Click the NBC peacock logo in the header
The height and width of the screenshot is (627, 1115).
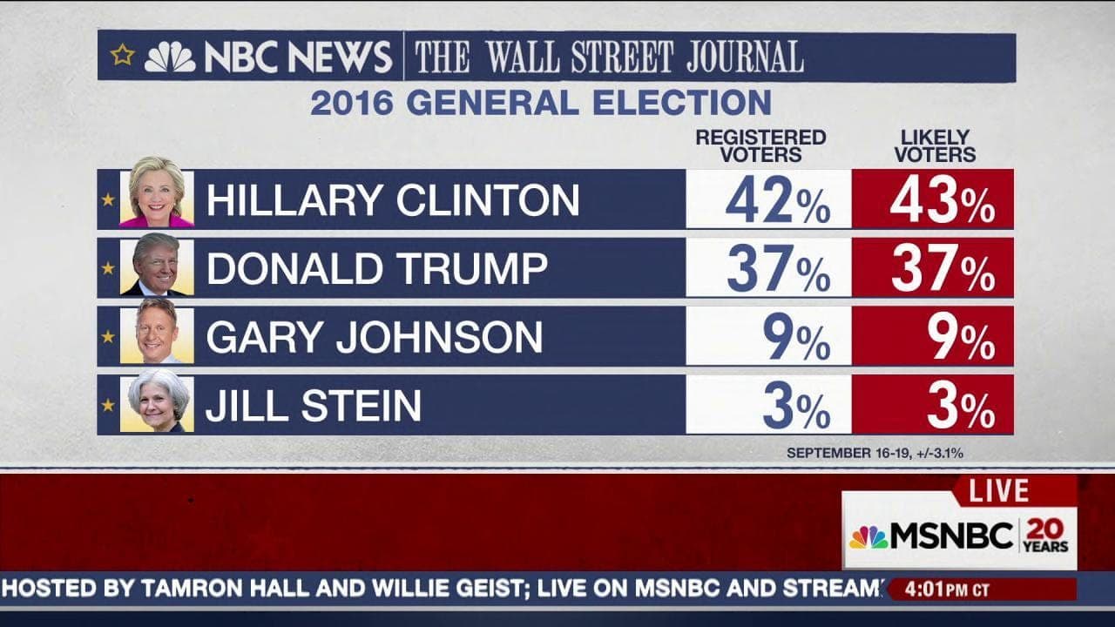click(x=170, y=57)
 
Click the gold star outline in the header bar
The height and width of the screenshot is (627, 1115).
click(x=123, y=56)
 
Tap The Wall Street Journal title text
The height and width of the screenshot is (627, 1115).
click(x=608, y=57)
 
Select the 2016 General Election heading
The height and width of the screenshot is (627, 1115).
click(x=541, y=103)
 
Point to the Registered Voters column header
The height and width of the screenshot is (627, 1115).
click(x=760, y=146)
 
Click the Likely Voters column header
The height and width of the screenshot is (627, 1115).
click(x=934, y=146)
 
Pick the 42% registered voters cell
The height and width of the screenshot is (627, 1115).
click(x=769, y=199)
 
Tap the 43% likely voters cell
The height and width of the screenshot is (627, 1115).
click(x=934, y=199)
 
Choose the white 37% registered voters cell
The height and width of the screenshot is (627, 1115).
click(x=769, y=268)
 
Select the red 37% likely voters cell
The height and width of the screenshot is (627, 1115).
click(x=934, y=268)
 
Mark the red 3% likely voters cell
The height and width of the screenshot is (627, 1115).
click(x=934, y=405)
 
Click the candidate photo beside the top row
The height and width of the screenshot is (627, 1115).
click(x=157, y=192)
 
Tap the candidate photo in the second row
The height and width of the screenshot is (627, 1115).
click(x=157, y=264)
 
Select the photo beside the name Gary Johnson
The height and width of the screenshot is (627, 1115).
click(x=157, y=335)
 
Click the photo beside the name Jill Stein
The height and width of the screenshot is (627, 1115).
click(x=157, y=401)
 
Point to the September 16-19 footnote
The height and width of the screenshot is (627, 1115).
click(x=874, y=453)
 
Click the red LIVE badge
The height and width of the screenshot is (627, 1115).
click(x=998, y=490)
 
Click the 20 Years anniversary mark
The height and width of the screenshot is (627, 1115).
click(x=1047, y=535)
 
